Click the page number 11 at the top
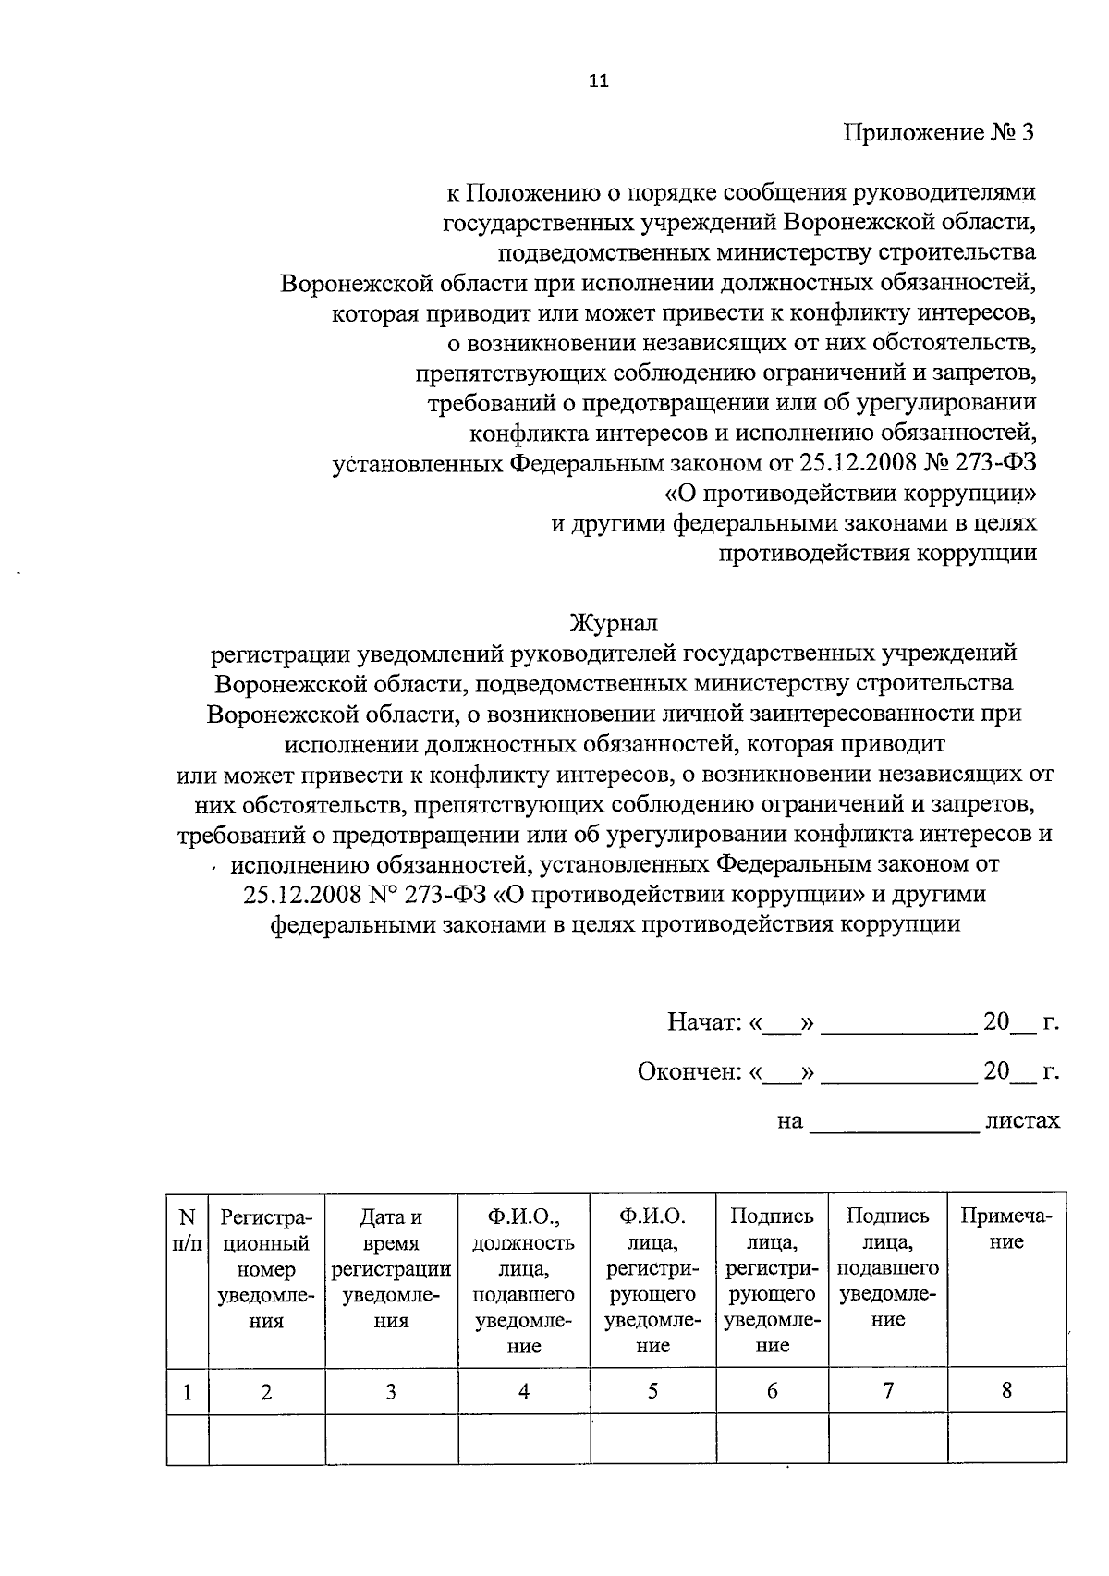599,80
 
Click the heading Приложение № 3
938,132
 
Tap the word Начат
703,1022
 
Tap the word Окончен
689,1071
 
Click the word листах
1022,1120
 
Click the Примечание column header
1006,1229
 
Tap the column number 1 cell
188,1392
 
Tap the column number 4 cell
524,1392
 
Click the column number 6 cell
772,1392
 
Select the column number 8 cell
1006,1390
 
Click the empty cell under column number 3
391,1440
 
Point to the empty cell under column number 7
887,1440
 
